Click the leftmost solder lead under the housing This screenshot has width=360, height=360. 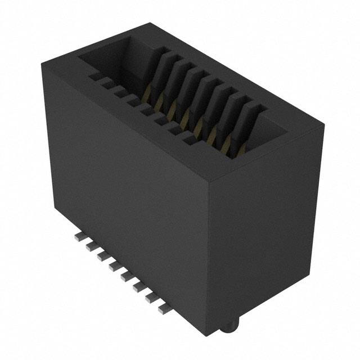click(76, 238)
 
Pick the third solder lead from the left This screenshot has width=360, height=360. click(101, 256)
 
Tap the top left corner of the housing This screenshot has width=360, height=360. click(40, 66)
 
